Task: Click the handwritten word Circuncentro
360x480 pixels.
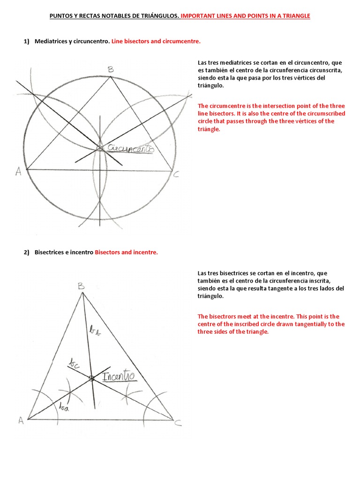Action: [x=131, y=149]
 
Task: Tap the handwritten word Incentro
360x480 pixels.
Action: [x=119, y=376]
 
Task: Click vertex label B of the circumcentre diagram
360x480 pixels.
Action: [x=111, y=70]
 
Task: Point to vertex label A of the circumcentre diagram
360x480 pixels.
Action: [x=19, y=172]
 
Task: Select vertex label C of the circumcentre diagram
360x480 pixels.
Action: [x=176, y=175]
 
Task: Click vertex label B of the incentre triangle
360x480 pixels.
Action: [x=81, y=285]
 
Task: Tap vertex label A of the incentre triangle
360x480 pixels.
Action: [x=21, y=420]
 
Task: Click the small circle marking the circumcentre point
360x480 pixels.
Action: [x=99, y=149]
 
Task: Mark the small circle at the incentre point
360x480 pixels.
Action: [x=91, y=378]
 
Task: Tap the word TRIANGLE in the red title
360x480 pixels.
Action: [x=294, y=16]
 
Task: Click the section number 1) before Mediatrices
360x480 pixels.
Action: [x=27, y=42]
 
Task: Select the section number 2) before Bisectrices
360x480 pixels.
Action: [x=27, y=252]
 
